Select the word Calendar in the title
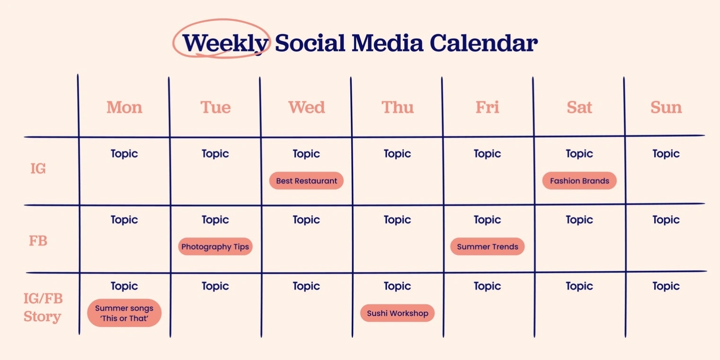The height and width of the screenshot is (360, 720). [x=483, y=43]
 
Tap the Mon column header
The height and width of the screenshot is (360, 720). [x=124, y=107]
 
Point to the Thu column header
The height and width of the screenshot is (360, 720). [x=398, y=107]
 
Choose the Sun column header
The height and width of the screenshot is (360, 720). [x=666, y=107]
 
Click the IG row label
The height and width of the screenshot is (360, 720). [x=38, y=168]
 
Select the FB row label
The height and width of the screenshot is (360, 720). [x=38, y=240]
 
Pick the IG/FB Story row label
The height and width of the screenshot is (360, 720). [x=43, y=307]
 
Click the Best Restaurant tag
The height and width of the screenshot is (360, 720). [x=306, y=181]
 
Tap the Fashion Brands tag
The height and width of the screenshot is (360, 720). [x=579, y=181]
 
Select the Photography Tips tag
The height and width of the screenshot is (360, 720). [x=215, y=246]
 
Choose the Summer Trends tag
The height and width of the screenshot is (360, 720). [x=487, y=246]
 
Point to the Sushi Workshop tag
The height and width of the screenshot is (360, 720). [x=397, y=313]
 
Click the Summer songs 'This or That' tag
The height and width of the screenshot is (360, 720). [x=124, y=313]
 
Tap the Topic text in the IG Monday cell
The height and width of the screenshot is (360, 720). [x=124, y=154]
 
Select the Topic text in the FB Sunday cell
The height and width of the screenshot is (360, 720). [x=666, y=220]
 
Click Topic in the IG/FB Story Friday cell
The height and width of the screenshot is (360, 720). [x=487, y=286]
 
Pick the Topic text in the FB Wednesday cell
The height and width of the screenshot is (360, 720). [x=306, y=220]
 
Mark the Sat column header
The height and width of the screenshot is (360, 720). [x=579, y=107]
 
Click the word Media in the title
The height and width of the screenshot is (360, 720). [x=387, y=43]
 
